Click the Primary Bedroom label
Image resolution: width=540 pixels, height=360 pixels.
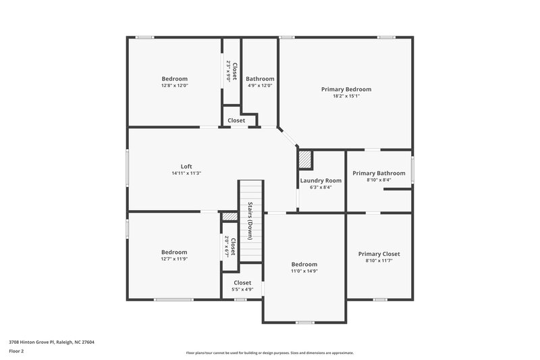coord(346,89)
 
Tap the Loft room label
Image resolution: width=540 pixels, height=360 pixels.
coord(186,166)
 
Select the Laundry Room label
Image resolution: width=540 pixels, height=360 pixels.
coord(321,180)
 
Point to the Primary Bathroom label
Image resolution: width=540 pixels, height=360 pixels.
coord(379,173)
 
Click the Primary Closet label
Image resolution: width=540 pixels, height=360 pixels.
coord(379,254)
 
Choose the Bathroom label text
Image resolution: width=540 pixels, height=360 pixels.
coord(260,78)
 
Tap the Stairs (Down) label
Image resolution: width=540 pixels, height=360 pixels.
coord(250,221)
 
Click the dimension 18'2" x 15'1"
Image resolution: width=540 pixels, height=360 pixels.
coord(346,96)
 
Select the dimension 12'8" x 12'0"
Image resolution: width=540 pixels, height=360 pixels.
coord(174,86)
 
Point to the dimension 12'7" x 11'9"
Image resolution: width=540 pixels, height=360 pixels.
coord(174,259)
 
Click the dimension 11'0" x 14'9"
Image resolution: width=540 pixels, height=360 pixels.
coord(304,272)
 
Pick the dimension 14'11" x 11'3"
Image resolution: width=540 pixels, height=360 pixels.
coord(186,174)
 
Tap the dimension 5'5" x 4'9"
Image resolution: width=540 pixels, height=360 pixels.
coord(242,290)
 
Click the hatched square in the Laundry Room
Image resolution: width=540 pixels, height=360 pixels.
coord(305,159)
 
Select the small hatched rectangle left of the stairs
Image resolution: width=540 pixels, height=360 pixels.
coord(230,216)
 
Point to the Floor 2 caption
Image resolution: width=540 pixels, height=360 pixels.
coord(16,351)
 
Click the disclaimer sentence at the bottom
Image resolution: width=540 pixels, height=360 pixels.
coord(269,353)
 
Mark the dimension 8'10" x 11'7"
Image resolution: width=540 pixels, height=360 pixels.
coord(379,261)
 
